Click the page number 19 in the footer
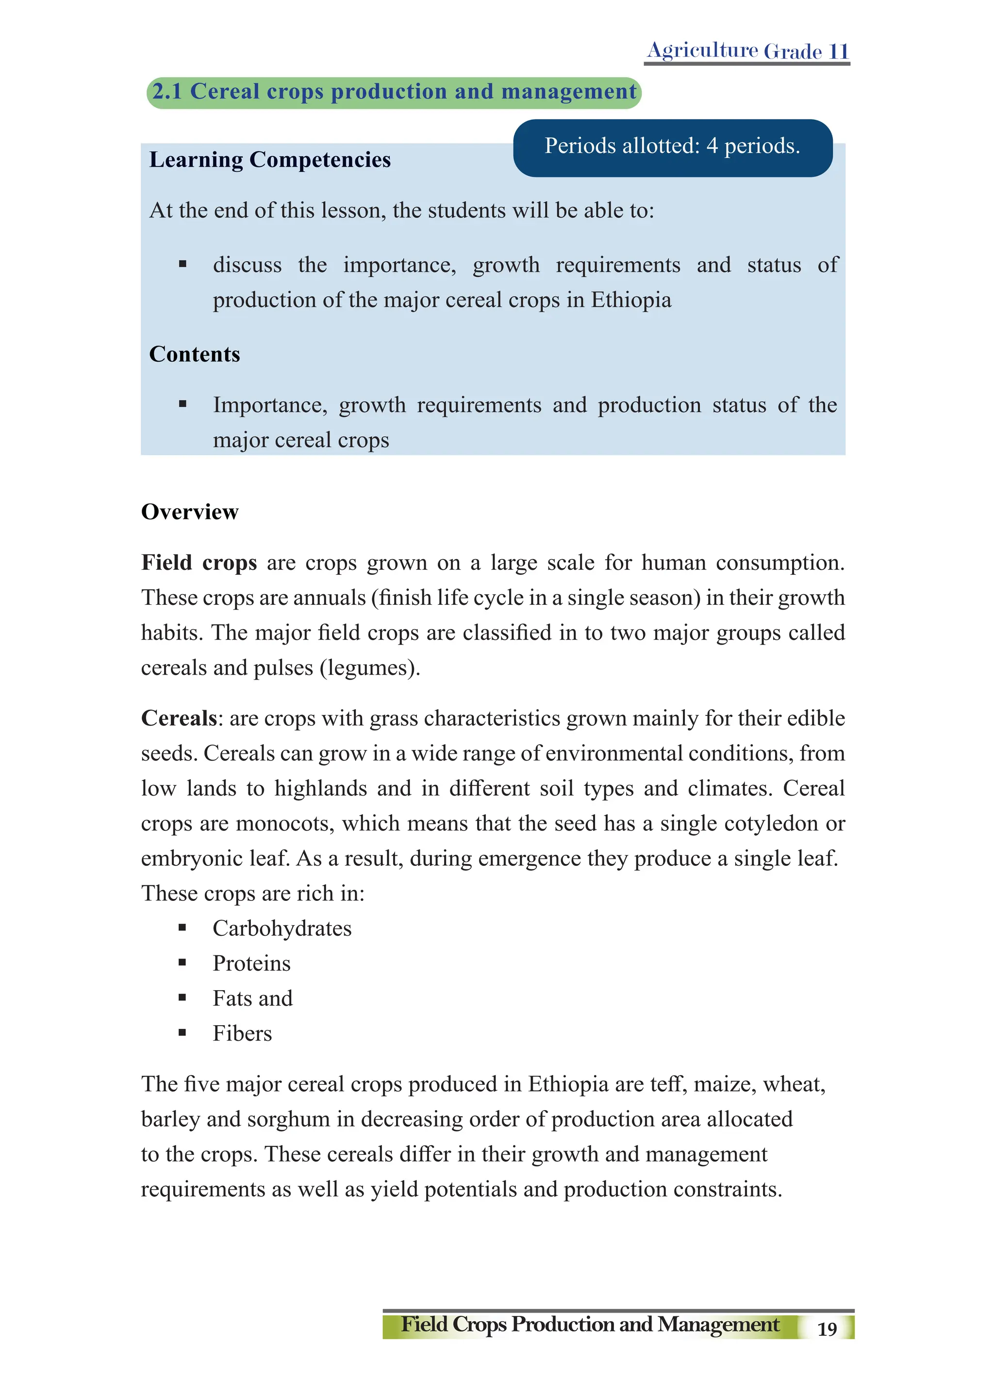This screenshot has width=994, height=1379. tap(827, 1329)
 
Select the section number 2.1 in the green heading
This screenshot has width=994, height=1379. tap(167, 92)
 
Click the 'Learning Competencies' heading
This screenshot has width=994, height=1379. tap(270, 160)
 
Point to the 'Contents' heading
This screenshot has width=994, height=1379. tap(195, 354)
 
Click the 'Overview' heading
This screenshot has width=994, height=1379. tap(190, 512)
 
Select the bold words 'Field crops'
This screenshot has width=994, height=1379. tap(199, 563)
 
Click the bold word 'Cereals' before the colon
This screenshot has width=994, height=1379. tap(179, 719)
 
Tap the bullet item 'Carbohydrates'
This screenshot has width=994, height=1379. tap(282, 929)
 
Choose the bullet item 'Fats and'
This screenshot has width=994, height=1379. tap(252, 998)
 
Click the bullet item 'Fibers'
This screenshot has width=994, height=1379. tap(242, 1033)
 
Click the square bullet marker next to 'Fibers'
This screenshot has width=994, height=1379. tap(182, 1032)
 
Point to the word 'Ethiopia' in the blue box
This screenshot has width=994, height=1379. tap(631, 300)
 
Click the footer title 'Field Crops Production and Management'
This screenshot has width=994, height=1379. tap(590, 1324)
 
